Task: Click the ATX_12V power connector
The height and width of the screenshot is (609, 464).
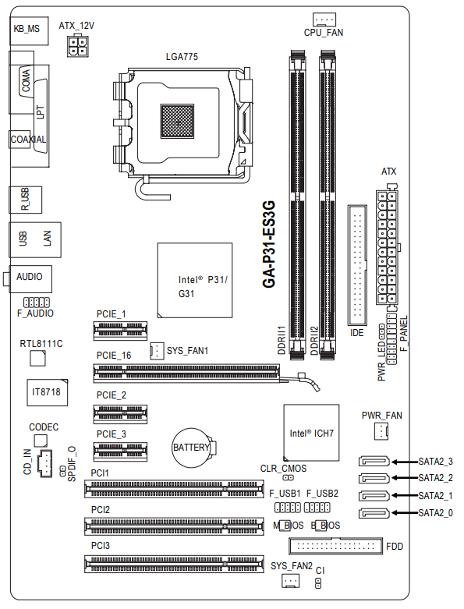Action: tap(78, 46)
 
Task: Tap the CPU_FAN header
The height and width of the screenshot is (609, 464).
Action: tap(324, 19)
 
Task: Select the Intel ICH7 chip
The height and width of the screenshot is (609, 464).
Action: tap(311, 433)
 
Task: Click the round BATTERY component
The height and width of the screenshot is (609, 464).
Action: tap(192, 448)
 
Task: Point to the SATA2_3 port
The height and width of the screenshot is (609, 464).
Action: tap(374, 461)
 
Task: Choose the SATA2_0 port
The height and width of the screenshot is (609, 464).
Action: tap(374, 513)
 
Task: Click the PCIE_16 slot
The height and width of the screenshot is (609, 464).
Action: tap(186, 374)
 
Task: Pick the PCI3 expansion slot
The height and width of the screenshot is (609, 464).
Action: tap(174, 564)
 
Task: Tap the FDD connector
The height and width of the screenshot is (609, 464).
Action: tap(336, 546)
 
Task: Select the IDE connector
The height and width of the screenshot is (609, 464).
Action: tap(357, 265)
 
